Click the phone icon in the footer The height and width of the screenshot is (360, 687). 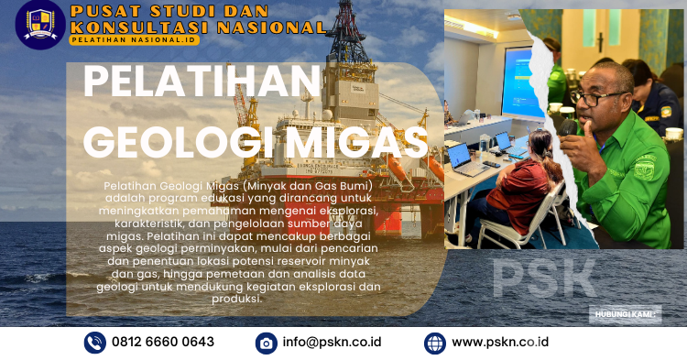click(x=95, y=343)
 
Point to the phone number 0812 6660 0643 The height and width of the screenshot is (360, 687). click(x=163, y=342)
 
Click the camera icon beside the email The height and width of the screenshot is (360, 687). click(x=267, y=343)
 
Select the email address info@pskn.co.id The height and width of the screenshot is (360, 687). click(x=331, y=342)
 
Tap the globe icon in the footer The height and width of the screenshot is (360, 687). click(x=435, y=343)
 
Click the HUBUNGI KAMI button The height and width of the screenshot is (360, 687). click(x=627, y=313)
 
